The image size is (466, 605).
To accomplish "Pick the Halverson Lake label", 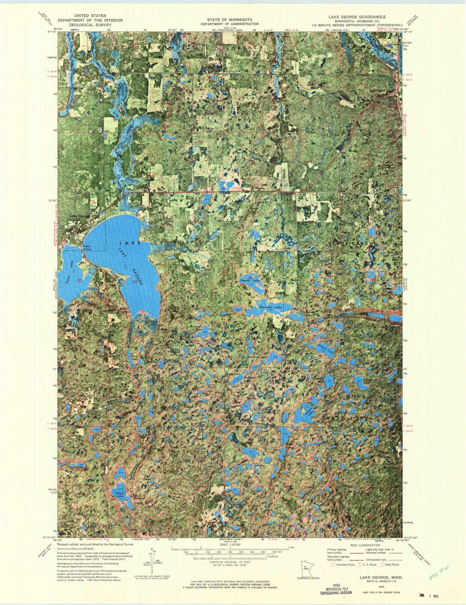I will point(257,357).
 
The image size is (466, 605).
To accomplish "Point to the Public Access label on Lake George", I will point(87,248).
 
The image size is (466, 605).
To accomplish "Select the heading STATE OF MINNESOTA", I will point(230,20).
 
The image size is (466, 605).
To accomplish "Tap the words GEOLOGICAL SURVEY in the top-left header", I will point(90,25).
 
